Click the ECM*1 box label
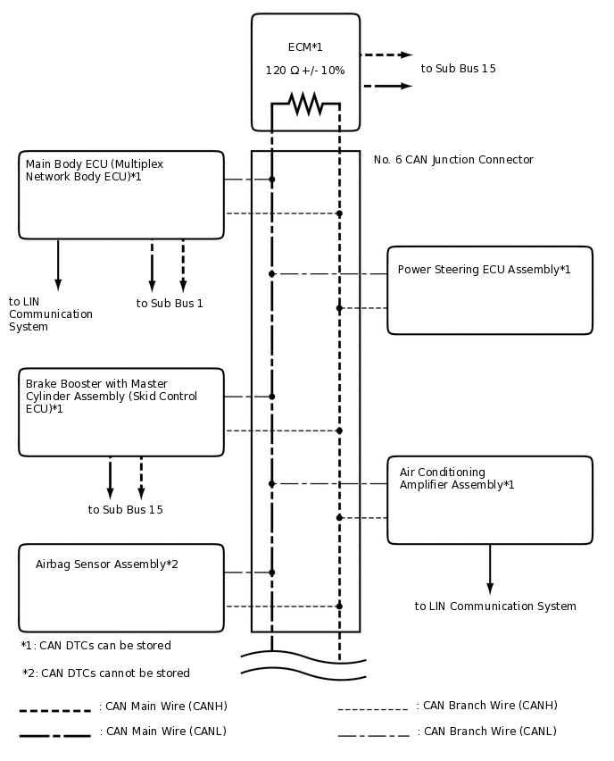[305, 47]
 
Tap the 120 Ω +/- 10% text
[305, 71]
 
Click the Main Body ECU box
[121, 195]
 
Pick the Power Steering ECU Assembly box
[490, 290]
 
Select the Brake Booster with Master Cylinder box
[121, 412]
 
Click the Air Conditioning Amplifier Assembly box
[490, 499]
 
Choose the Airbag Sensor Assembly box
[121, 588]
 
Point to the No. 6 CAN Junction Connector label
[453, 160]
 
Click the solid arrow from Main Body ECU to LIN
[58, 264]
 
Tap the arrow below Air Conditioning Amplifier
[490, 569]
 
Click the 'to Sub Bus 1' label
[170, 304]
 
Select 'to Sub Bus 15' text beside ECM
[458, 69]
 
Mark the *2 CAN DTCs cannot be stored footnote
[106, 673]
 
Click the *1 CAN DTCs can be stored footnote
[96, 646]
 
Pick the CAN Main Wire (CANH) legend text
[163, 707]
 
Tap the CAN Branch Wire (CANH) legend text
[487, 706]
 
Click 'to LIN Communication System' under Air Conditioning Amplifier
[495, 606]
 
